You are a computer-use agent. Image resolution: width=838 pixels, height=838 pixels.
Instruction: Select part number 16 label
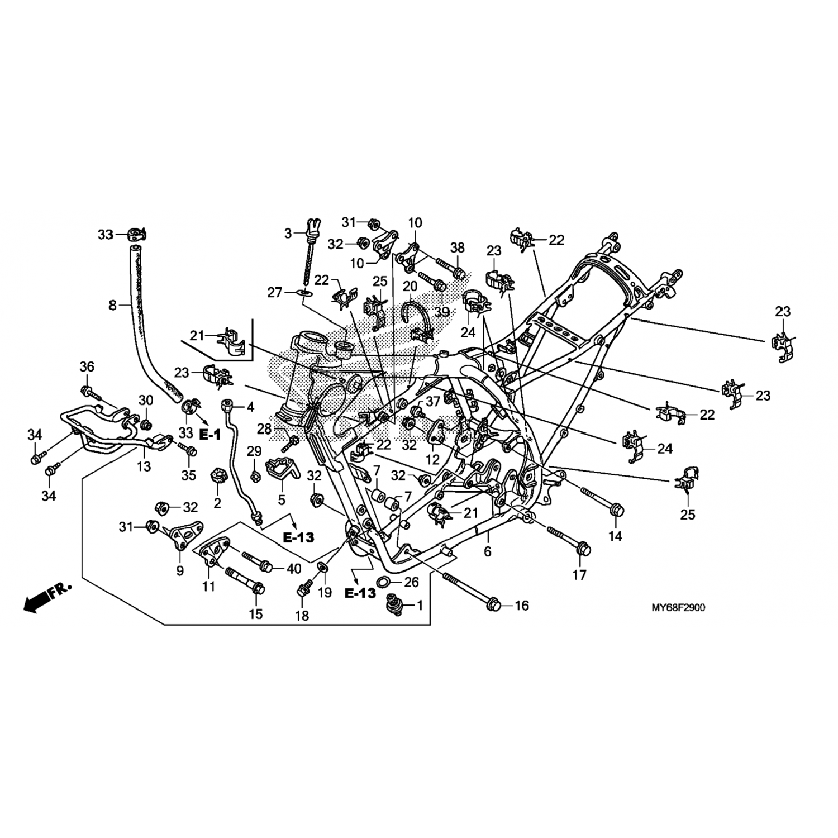click(521, 606)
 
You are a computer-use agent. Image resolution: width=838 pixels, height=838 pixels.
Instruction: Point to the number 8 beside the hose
click(112, 305)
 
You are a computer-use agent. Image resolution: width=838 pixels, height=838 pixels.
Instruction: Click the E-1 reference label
click(210, 435)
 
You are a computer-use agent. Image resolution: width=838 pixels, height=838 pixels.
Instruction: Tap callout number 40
click(293, 569)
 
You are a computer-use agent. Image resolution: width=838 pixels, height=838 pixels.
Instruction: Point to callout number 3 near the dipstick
click(288, 234)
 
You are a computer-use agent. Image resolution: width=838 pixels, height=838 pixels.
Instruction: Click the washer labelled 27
click(305, 293)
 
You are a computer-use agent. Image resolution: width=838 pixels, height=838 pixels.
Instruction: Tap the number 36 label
click(87, 366)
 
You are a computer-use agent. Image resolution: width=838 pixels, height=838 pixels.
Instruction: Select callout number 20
click(410, 286)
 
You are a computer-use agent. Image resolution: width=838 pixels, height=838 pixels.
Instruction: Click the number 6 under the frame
click(487, 552)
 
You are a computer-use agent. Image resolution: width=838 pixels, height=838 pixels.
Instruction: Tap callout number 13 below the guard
click(144, 466)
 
